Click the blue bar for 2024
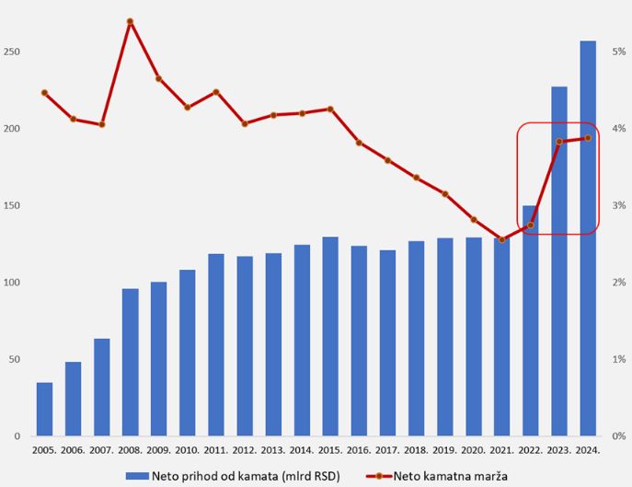[x=588, y=238]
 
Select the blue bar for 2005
[x=44, y=409]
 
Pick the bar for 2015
[x=330, y=336]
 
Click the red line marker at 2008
[x=130, y=21]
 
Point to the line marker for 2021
[x=501, y=239]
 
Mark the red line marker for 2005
[x=44, y=93]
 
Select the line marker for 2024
[x=588, y=138]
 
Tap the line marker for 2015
[x=330, y=110]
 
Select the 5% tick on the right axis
[x=620, y=52]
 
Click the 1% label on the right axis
[x=620, y=359]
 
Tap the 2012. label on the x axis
[x=245, y=450]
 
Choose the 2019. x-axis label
[x=444, y=450]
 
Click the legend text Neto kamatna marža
[x=451, y=476]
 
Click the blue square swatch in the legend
[x=137, y=476]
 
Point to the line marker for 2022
[x=530, y=226]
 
